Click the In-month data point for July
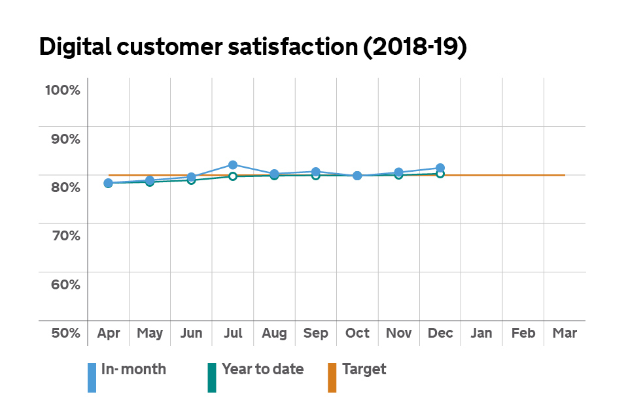coord(233,165)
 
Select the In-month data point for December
coord(440,168)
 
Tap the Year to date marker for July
coord(233,176)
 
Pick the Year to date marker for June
coord(191,180)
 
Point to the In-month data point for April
coord(108,183)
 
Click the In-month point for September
coord(316,172)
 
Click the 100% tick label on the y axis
coord(62,90)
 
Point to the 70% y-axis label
coord(63,236)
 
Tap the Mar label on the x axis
coord(565,333)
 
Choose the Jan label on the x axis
coord(481,333)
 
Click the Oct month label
coord(357,333)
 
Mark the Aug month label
coord(274,333)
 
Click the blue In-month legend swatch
coord(92,378)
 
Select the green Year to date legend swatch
coord(212,378)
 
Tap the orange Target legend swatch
coord(332,378)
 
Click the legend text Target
coord(364,369)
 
